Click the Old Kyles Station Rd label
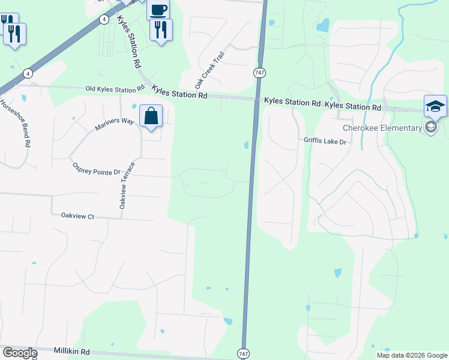pyautogui.click(x=115, y=89)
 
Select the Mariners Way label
pyautogui.click(x=114, y=124)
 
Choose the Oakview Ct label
pyautogui.click(x=78, y=216)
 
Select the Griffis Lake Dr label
pyautogui.click(x=325, y=140)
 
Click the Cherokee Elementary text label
pyautogui.click(x=382, y=128)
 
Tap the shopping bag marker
pyautogui.click(x=151, y=115)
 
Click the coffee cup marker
pyautogui.click(x=158, y=10)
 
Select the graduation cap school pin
pyautogui.click(x=435, y=107)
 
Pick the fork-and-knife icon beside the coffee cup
pyautogui.click(x=161, y=29)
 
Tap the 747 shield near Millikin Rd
pyautogui.click(x=243, y=353)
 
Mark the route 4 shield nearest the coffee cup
pyautogui.click(x=104, y=19)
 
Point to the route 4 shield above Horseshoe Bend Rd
pyautogui.click(x=27, y=73)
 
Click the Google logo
pyautogui.click(x=20, y=353)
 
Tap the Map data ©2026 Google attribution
pyautogui.click(x=411, y=355)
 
